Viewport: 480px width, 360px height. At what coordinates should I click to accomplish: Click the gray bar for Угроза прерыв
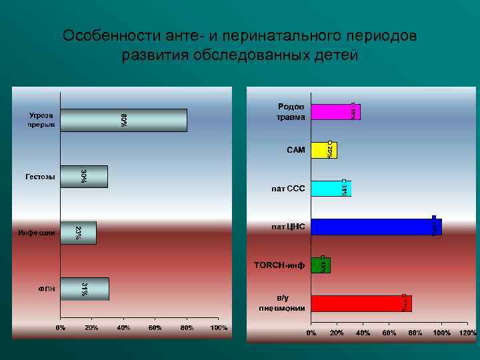pos(123,120)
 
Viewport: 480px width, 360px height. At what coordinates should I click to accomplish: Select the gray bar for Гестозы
pos(84,177)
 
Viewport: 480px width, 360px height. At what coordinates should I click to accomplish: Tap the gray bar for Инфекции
pos(78,233)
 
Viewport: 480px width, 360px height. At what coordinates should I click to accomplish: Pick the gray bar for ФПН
pos(85,289)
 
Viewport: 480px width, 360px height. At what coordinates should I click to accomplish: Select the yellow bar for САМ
pos(324,150)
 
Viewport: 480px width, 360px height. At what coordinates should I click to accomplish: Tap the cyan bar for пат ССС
pos(331,189)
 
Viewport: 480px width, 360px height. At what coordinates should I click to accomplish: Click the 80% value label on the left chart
pos(123,120)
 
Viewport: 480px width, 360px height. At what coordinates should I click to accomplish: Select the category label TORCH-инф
pos(279,265)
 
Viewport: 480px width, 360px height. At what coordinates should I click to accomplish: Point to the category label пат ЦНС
pos(288,227)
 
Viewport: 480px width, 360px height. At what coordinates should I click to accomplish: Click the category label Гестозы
pos(40,177)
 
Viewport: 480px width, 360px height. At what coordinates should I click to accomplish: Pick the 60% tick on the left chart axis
pos(155,328)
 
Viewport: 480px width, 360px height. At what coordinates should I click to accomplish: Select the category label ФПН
pos(46,289)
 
